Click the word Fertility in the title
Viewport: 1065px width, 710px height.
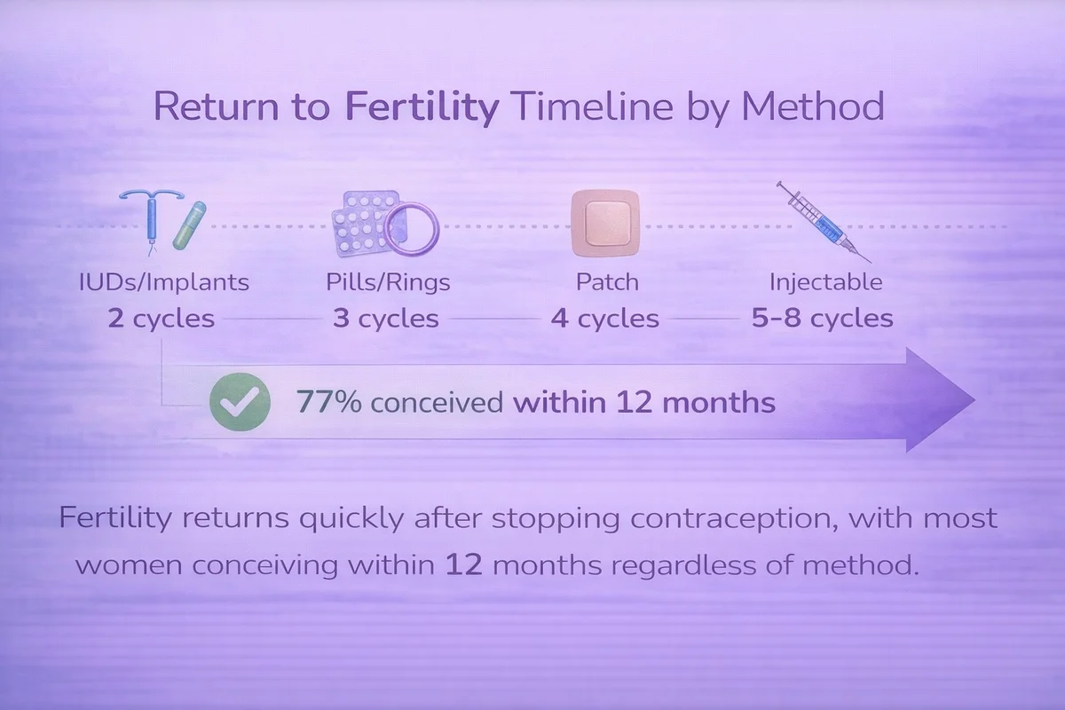point(422,107)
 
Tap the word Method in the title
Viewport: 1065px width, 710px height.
point(813,106)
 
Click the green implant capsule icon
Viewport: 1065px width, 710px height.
point(189,225)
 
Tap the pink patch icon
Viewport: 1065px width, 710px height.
point(605,223)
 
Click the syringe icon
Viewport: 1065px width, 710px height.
point(824,222)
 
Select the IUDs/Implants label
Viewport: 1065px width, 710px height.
point(164,282)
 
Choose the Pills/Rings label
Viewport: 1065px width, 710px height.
point(388,282)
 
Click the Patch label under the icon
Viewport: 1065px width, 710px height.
point(607,282)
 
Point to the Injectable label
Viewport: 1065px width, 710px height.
point(826,282)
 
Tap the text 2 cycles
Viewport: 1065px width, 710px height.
point(162,318)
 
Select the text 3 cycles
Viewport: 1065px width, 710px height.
point(385,318)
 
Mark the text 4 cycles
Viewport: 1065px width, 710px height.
point(604,318)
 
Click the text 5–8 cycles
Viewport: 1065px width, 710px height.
point(822,318)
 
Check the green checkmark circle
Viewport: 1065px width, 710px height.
point(241,402)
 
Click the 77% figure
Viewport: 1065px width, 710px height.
point(329,402)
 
